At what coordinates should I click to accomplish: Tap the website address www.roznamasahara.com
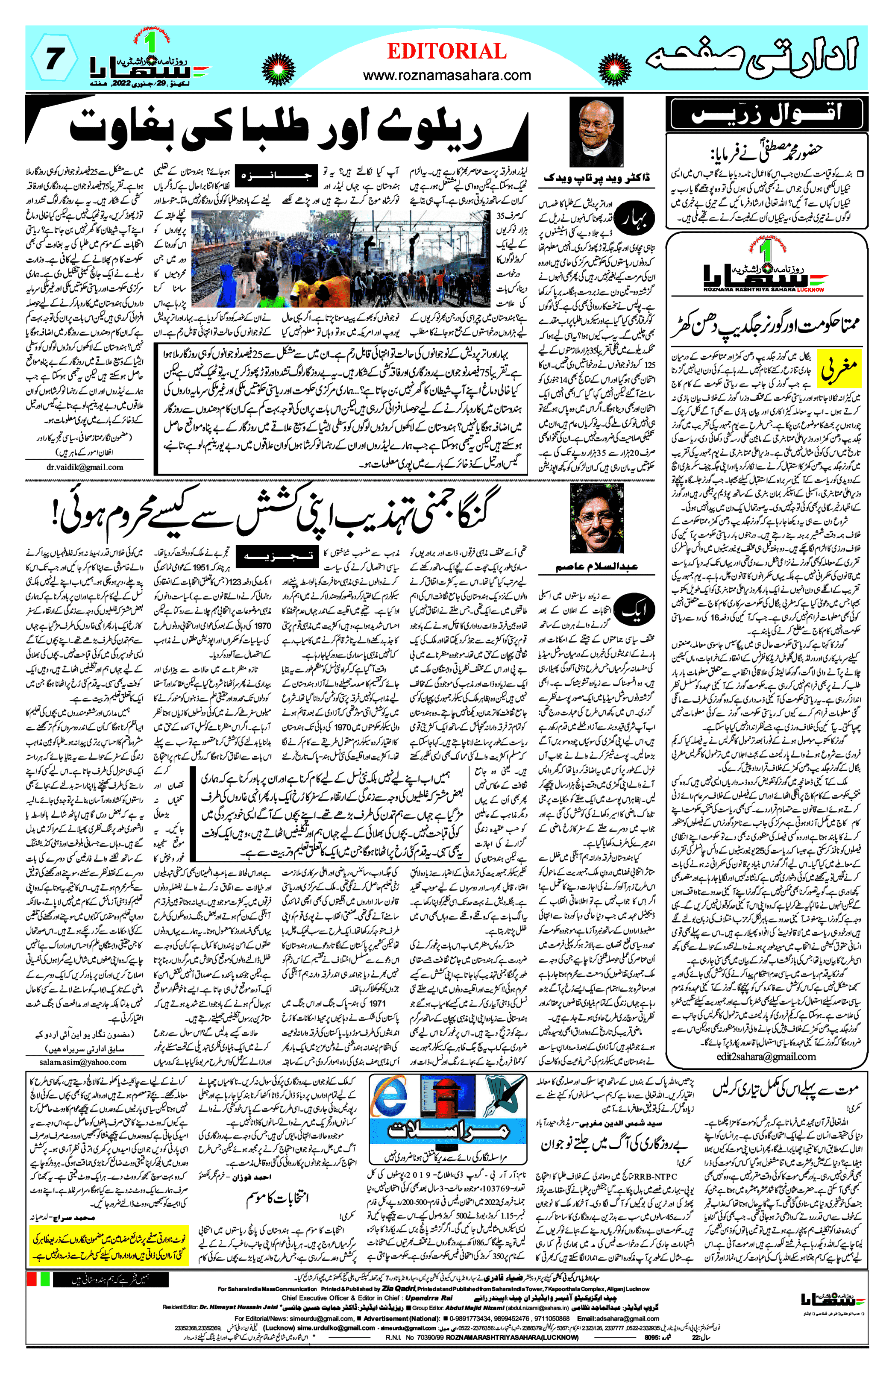446,75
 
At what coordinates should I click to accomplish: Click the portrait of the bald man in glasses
596,132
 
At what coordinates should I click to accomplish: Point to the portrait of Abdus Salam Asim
596,518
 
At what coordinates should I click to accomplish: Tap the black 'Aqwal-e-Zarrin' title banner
766,113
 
